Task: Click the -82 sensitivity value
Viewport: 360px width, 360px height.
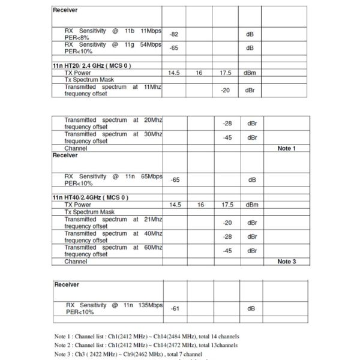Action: coord(175,34)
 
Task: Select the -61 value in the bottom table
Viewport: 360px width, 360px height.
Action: coord(175,308)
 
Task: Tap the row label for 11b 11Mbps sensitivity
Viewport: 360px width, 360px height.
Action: coord(113,34)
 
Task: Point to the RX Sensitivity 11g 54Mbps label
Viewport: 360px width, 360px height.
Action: coord(113,47)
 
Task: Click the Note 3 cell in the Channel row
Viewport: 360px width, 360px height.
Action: coord(286,262)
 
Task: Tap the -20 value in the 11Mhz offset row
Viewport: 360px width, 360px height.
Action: coord(226,90)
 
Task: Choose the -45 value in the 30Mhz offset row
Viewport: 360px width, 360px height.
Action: coord(226,137)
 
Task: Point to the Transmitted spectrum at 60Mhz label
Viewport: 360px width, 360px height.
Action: coord(113,251)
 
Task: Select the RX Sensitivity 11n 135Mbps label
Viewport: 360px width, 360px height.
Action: coord(113,308)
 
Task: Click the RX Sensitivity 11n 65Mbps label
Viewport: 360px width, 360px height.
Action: coord(113,179)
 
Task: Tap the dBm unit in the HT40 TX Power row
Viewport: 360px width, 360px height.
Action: coord(251,205)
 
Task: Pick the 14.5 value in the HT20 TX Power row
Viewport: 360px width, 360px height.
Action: coord(175,73)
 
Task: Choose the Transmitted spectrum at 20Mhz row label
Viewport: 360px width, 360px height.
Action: coord(113,124)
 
